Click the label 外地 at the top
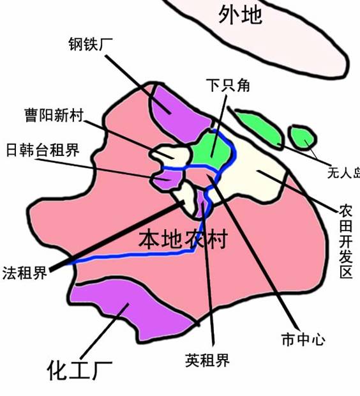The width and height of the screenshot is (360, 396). [240, 15]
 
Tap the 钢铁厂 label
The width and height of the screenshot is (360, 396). [87, 44]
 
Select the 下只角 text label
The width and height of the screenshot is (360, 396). [228, 85]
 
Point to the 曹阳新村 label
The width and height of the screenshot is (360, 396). [54, 115]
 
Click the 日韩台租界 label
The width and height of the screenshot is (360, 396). [43, 149]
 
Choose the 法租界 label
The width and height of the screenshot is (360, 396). [25, 273]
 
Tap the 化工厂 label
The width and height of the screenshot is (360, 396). [80, 370]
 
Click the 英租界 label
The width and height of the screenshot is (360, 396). [207, 360]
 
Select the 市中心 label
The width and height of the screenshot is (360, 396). [303, 339]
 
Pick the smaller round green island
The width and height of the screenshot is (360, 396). [302, 137]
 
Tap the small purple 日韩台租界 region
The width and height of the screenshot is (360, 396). [168, 179]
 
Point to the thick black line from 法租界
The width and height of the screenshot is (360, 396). [117, 236]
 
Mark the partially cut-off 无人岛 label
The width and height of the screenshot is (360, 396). [343, 173]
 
